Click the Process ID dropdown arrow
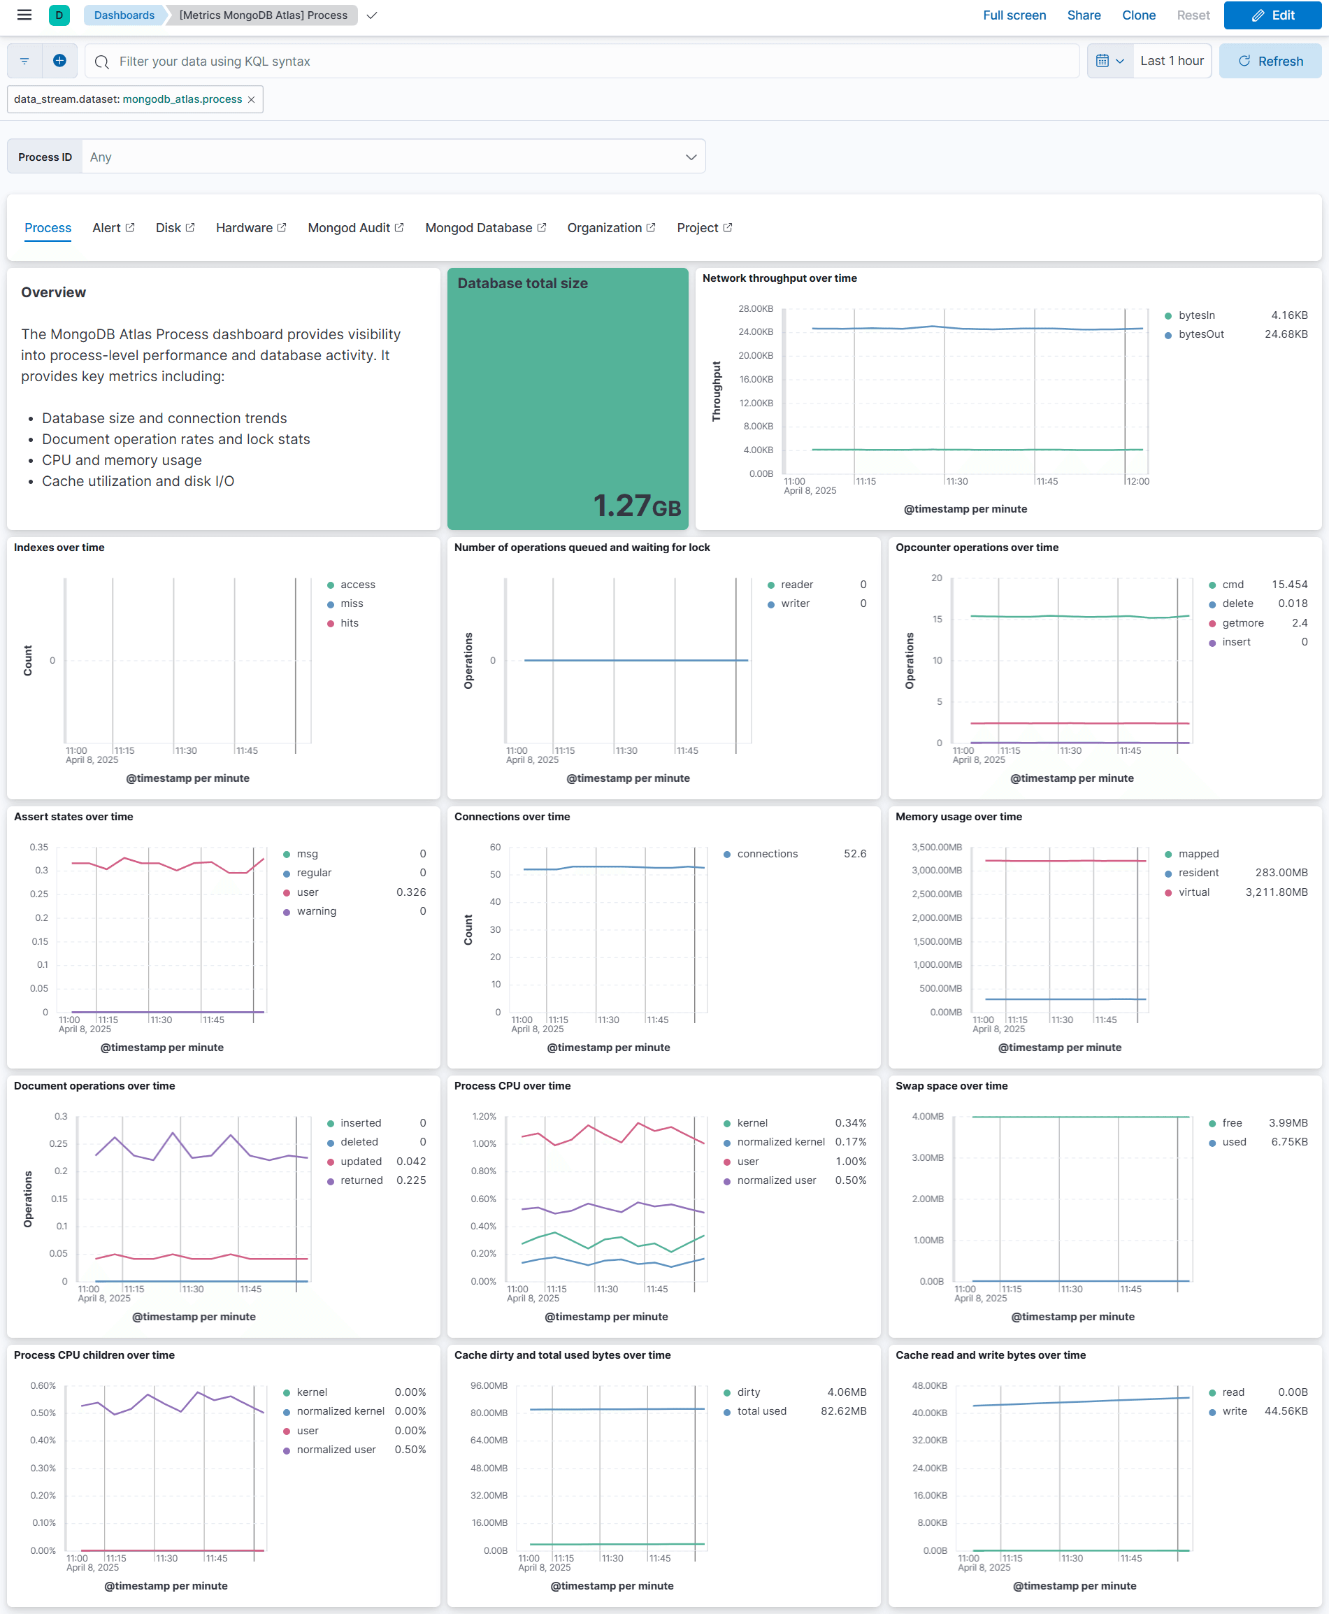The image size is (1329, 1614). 691,157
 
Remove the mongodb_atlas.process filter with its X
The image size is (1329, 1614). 251,99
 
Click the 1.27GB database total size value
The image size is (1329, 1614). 636,506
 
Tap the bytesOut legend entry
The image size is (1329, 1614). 1200,334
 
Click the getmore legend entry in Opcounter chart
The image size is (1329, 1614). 1242,622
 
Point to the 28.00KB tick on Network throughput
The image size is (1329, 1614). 755,308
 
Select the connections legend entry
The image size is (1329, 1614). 766,854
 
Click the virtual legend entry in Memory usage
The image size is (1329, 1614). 1193,892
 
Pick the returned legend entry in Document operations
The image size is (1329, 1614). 361,1180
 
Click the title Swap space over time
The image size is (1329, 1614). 951,1086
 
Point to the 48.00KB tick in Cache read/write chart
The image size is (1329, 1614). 928,1386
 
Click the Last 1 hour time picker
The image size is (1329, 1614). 1170,62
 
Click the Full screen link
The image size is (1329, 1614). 1014,15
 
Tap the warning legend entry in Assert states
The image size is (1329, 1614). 316,911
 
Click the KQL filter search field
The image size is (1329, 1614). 582,62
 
